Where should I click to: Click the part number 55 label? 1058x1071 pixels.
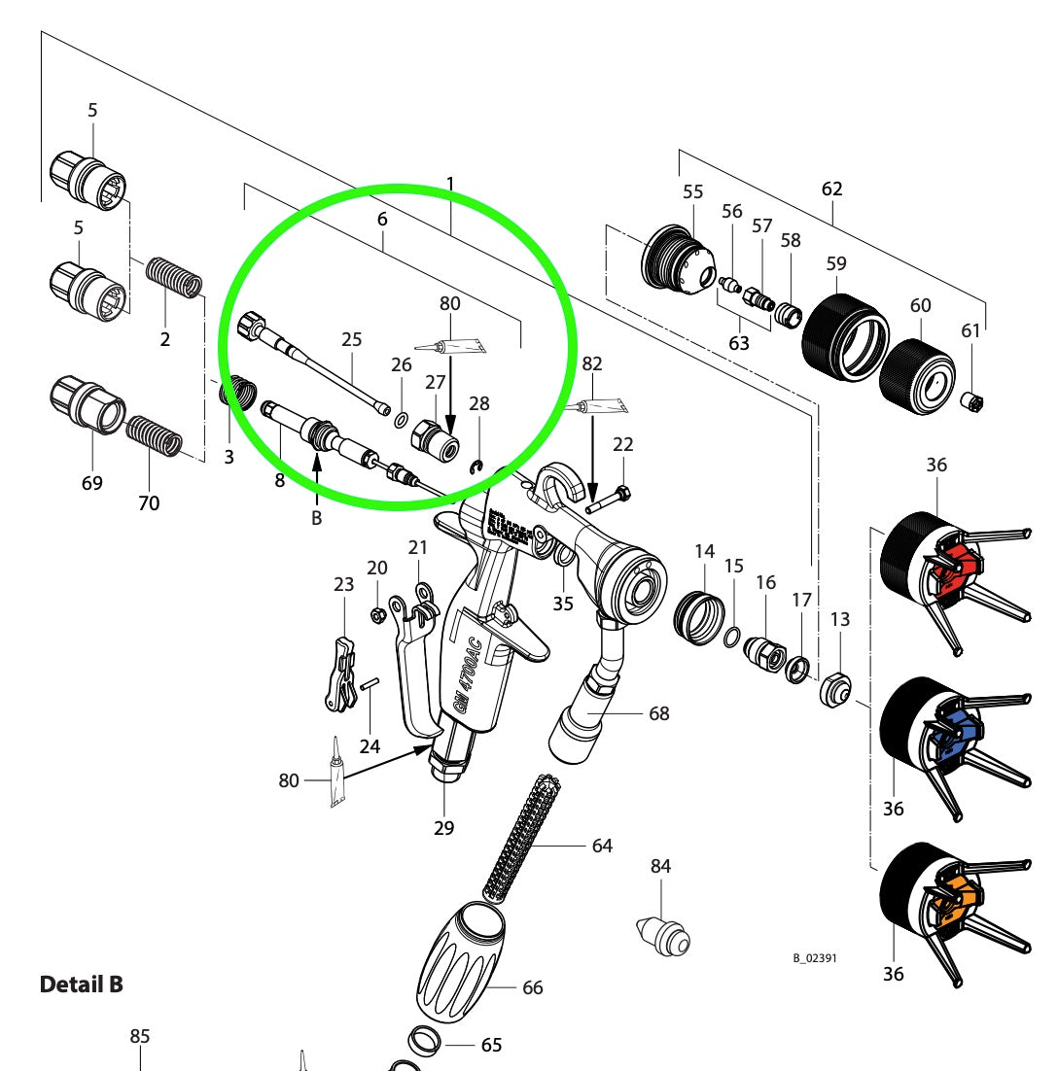pyautogui.click(x=692, y=192)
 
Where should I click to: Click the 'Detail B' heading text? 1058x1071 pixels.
pyautogui.click(x=82, y=985)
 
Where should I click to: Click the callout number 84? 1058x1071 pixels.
pyautogui.click(x=661, y=866)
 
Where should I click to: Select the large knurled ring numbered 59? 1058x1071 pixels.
pyautogui.click(x=845, y=336)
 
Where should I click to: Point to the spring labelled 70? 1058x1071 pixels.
pyautogui.click(x=156, y=436)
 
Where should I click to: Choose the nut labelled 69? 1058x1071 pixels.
pyautogui.click(x=88, y=406)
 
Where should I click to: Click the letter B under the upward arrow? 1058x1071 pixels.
pyautogui.click(x=316, y=519)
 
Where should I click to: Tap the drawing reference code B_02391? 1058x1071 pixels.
pyautogui.click(x=815, y=958)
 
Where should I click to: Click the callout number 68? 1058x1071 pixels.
pyautogui.click(x=659, y=713)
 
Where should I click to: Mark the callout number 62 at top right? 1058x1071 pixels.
pyautogui.click(x=832, y=189)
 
